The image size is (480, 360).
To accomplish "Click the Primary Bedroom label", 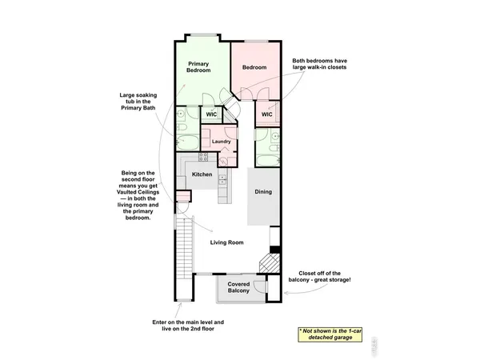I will point(198,67).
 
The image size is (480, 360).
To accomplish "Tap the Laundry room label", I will point(222,142).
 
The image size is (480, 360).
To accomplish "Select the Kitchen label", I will point(202,174).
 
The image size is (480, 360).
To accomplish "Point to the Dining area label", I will point(263,192).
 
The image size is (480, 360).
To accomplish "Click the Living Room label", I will point(226,242).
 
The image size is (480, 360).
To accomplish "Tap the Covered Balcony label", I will point(238,287).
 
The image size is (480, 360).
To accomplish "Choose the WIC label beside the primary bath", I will point(212,114).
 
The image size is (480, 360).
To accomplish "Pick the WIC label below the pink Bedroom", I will point(267,114).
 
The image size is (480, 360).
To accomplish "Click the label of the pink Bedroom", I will point(254,67).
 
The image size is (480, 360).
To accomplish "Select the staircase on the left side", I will point(184,248).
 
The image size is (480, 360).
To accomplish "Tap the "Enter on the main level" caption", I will point(188,326).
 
